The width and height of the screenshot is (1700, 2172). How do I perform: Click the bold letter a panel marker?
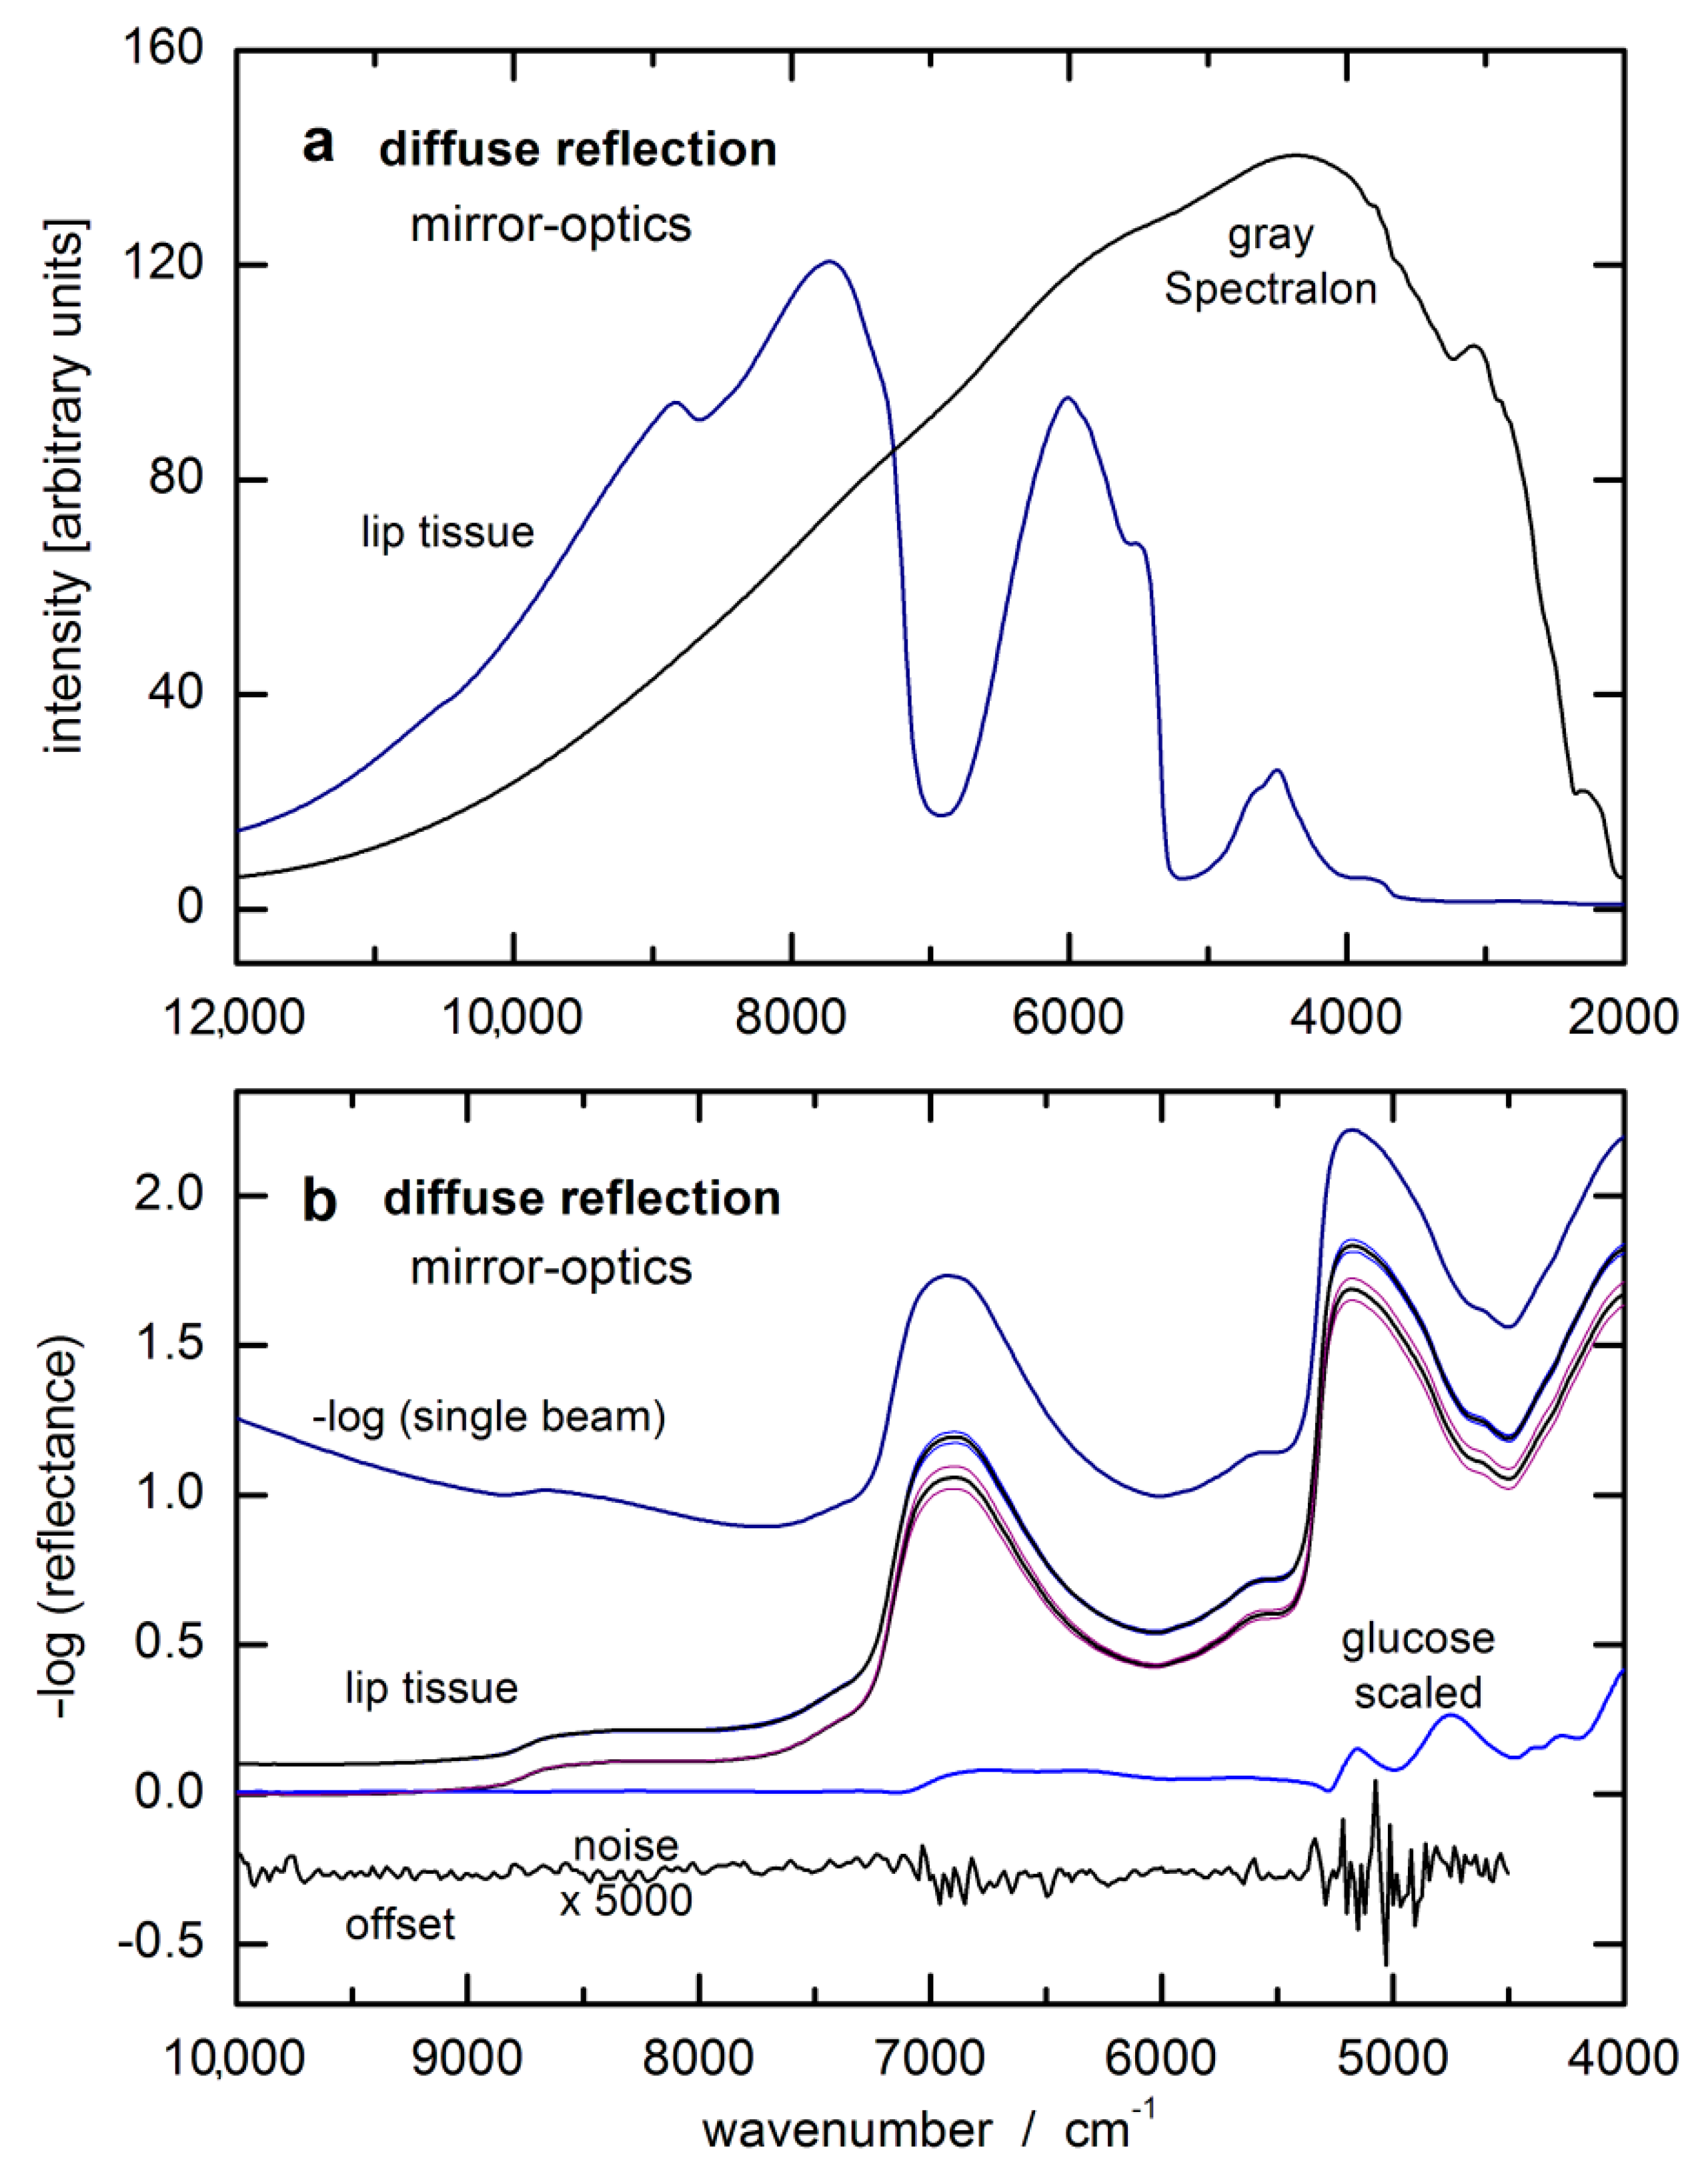319,145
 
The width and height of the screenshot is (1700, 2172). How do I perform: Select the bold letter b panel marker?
319,1201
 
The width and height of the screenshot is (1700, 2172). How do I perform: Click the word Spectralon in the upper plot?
1271,290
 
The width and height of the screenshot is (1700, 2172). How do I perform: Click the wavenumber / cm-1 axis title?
930,2129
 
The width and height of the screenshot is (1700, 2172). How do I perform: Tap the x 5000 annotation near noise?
625,1901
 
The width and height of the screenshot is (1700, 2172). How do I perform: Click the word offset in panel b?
400,1925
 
